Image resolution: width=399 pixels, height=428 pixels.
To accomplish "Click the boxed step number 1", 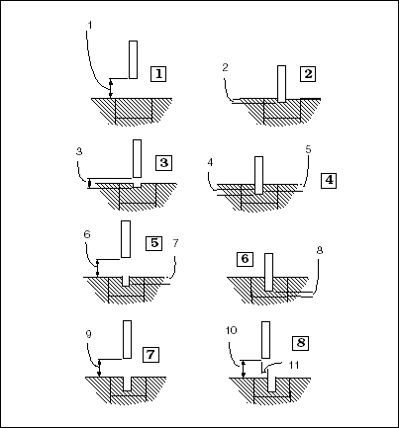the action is pos(158,74).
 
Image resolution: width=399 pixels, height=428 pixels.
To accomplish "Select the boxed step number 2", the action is pos(308,74).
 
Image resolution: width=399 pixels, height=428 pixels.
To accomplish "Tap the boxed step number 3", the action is pos(164,163).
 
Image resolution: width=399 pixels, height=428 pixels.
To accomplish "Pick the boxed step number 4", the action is pos(329,180).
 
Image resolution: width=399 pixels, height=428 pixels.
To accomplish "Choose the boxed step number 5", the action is pos(154,243).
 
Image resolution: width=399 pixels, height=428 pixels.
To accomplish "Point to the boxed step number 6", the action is pos(245,259).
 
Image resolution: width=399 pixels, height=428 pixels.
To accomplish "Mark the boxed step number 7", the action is pos(150,355).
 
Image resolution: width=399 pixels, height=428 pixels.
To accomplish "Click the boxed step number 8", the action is pos(301,343).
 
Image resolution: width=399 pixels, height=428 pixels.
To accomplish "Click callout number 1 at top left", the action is pos(90,25).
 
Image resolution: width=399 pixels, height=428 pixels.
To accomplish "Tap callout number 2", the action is pos(225,67).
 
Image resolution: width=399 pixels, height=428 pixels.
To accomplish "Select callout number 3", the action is pos(79,151).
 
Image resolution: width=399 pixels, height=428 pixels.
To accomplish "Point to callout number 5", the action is pos(308,149).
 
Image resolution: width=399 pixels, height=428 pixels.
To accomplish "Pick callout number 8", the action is pos(319,251).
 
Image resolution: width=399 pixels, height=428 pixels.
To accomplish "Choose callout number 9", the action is pos(88,334).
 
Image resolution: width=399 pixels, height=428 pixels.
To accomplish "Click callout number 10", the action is pos(232,330).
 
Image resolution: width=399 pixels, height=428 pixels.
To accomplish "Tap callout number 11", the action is pos(293,365).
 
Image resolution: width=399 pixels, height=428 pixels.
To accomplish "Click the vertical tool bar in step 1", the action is pos(133,59).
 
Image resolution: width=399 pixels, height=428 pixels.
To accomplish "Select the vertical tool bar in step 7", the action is pos(127,339).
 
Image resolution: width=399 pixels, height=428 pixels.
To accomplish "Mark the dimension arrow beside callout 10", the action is pos(244,369).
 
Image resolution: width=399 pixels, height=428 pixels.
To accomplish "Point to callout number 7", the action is pos(175,243).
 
